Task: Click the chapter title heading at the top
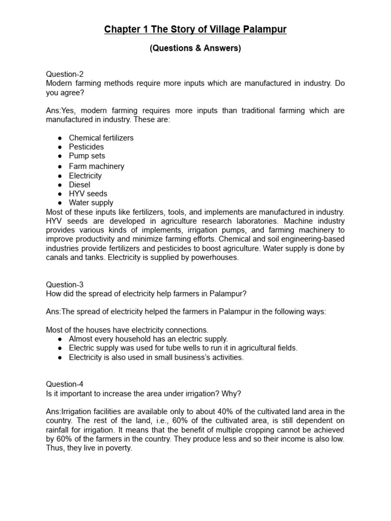click(195, 30)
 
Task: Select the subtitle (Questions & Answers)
click(195, 49)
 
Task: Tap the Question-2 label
click(65, 74)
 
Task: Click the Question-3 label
click(65, 285)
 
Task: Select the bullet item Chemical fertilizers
click(101, 138)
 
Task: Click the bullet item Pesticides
click(87, 147)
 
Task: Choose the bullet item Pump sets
click(87, 156)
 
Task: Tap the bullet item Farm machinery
click(97, 166)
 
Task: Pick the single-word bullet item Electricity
click(86, 176)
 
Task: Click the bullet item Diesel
click(79, 185)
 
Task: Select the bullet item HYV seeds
click(88, 194)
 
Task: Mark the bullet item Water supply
click(91, 203)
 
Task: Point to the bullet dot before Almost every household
click(60, 339)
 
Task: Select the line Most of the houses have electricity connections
click(127, 330)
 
